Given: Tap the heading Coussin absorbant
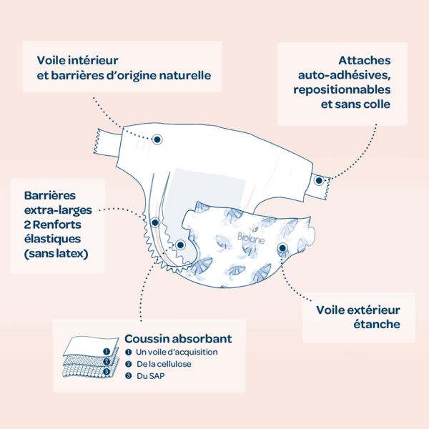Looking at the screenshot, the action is tap(178, 338).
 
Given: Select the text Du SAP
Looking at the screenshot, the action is tap(150, 376).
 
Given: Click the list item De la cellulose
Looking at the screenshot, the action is tap(164, 364).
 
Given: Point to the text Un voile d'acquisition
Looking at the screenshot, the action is tap(177, 352).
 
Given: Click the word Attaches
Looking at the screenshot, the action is tap(365, 60).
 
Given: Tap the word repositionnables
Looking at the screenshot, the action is tap(342, 90).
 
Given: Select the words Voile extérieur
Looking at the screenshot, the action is tap(358, 310).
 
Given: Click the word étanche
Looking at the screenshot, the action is tap(377, 324).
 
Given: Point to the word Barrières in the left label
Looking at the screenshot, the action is tap(50, 196).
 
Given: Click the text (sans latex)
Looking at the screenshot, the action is tap(56, 254).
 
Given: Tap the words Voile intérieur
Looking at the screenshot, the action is tap(77, 60).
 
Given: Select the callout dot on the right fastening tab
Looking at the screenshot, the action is tap(319, 181).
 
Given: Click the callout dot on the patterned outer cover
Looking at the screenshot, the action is tap(282, 248).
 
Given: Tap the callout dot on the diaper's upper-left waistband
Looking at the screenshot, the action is tap(157, 139).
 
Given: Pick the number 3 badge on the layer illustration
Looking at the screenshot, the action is tap(107, 372).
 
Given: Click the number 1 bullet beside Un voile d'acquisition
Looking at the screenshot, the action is tap(128, 352).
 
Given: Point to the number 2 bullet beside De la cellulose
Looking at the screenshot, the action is tap(128, 364).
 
